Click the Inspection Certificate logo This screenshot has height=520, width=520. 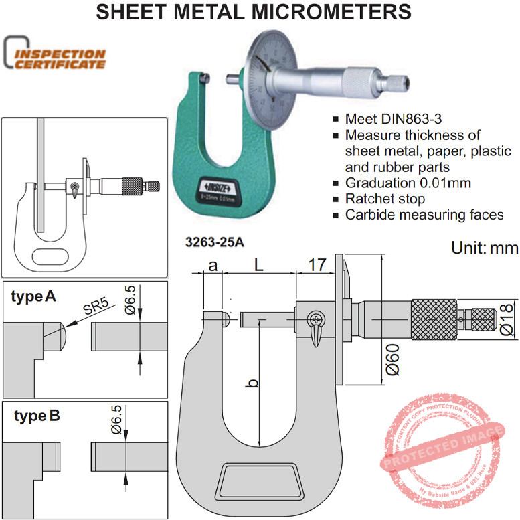(x=55, y=57)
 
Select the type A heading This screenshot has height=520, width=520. (x=33, y=296)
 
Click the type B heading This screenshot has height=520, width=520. (x=37, y=416)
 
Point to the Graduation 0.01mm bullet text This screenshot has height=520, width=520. (x=406, y=183)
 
